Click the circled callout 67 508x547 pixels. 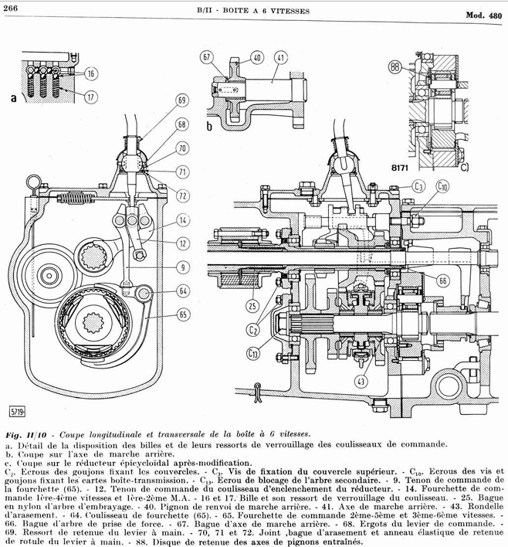point(207,57)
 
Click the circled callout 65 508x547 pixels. point(183,315)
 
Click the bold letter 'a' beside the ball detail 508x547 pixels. point(14,98)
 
